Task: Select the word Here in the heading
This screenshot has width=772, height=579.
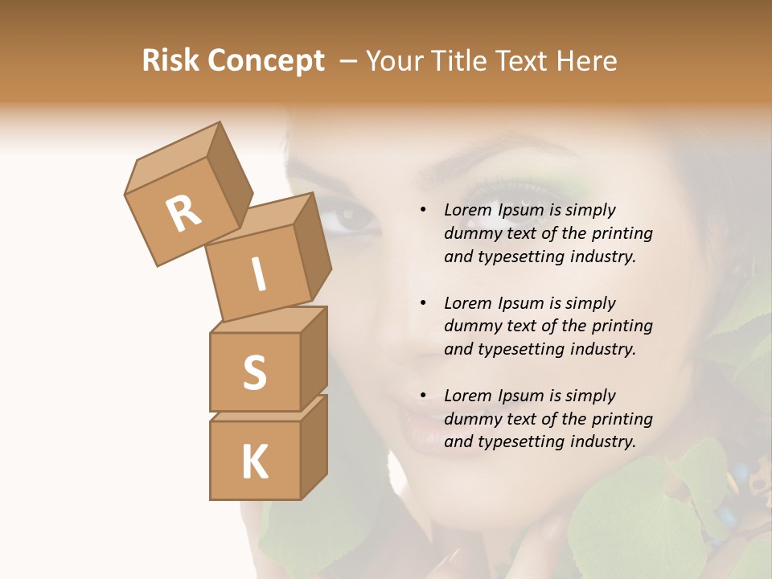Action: [x=588, y=61]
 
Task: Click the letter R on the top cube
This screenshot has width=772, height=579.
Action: [x=184, y=213]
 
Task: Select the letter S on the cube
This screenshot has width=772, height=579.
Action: [x=254, y=372]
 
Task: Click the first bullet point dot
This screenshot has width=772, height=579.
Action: [x=423, y=210]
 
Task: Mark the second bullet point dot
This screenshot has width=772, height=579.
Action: [x=423, y=303]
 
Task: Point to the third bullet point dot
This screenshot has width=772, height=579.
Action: [x=423, y=396]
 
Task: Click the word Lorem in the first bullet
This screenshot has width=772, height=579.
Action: [x=467, y=210]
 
